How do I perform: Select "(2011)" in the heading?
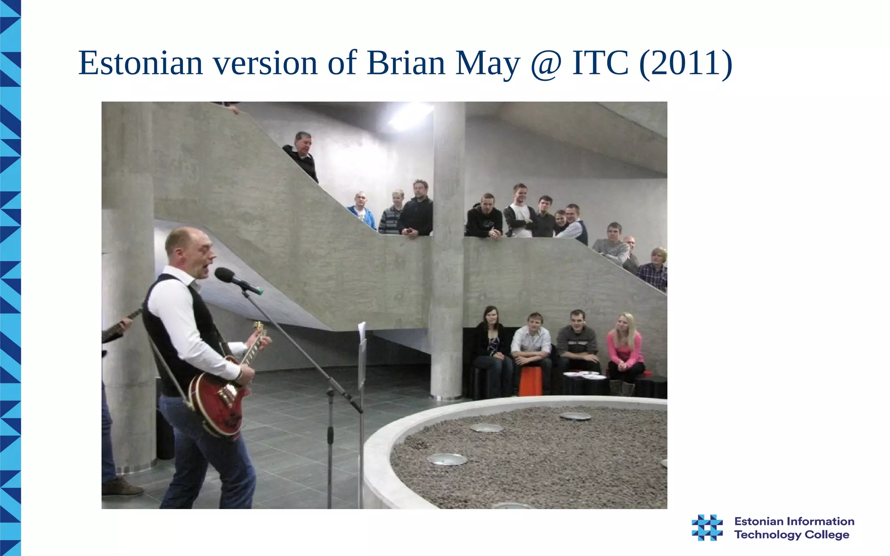686,63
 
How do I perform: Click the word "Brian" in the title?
406,63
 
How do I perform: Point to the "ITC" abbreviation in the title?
600,63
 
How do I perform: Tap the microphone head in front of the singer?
225,275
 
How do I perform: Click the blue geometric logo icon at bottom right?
707,527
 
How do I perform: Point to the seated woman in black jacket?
491,343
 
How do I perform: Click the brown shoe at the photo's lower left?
122,488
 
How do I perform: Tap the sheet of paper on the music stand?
362,332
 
